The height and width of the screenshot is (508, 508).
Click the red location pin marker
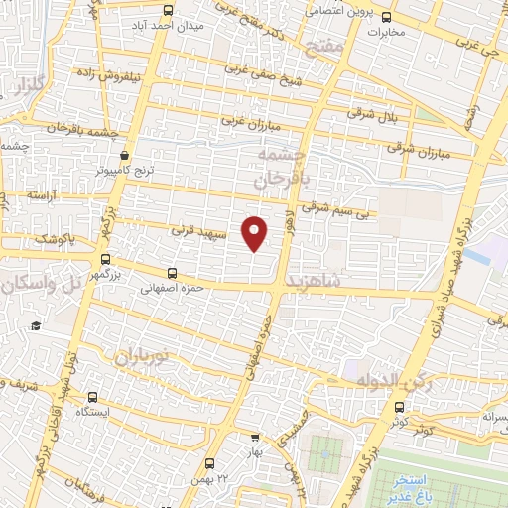(x=255, y=232)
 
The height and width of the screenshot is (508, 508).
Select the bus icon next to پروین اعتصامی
(x=387, y=16)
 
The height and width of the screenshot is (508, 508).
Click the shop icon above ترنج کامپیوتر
(x=124, y=155)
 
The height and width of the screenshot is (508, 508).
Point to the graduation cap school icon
(x=35, y=326)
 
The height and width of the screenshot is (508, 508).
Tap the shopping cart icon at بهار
(x=255, y=437)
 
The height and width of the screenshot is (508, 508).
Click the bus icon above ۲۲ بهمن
(x=209, y=463)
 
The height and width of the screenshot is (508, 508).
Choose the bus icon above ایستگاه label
(x=93, y=395)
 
